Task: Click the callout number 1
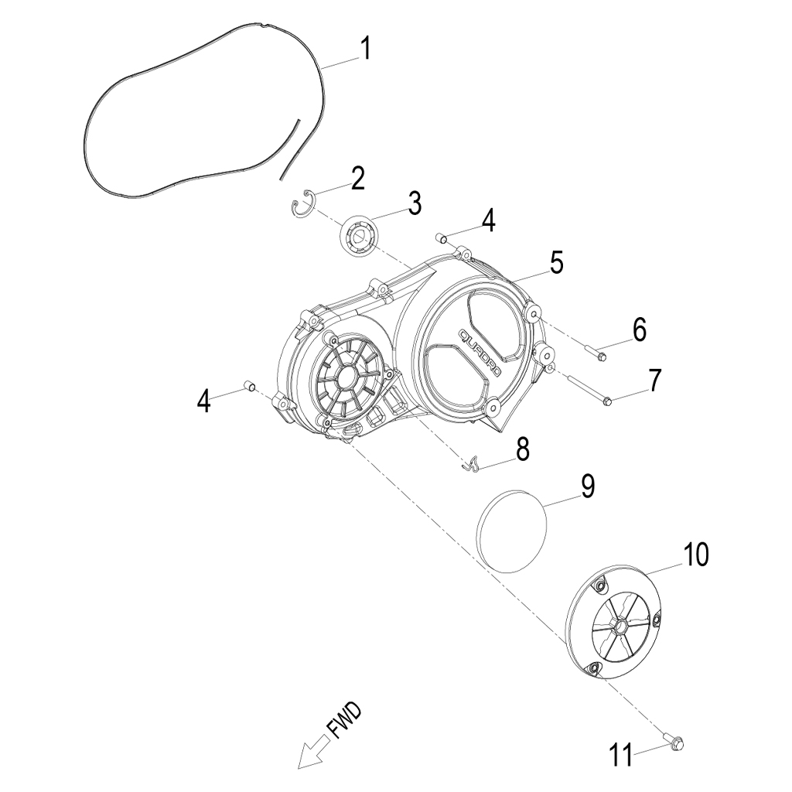(x=366, y=49)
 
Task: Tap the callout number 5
(x=556, y=262)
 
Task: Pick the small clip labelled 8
(x=472, y=464)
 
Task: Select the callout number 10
(x=694, y=555)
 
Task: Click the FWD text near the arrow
(x=344, y=719)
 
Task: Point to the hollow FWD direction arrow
(x=313, y=753)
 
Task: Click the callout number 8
(x=523, y=449)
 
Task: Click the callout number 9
(x=587, y=486)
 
